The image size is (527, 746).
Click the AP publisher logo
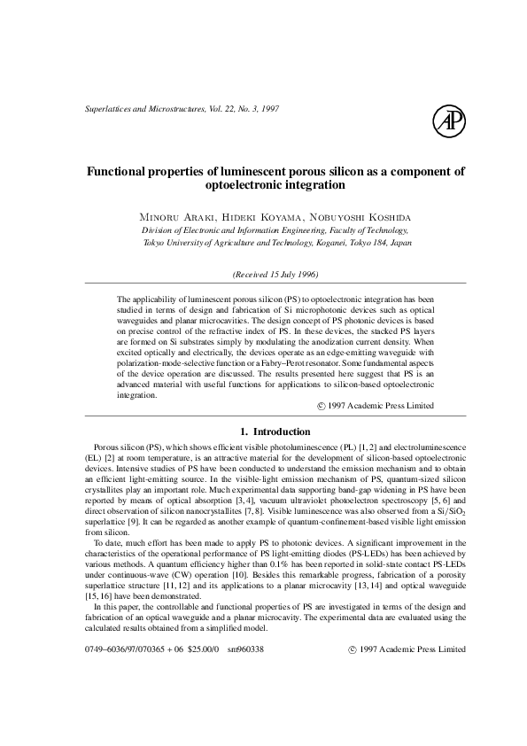(448, 120)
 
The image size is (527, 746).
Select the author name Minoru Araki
(172, 216)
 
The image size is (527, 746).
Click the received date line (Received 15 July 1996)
(275, 274)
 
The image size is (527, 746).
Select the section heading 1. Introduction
(275, 431)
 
